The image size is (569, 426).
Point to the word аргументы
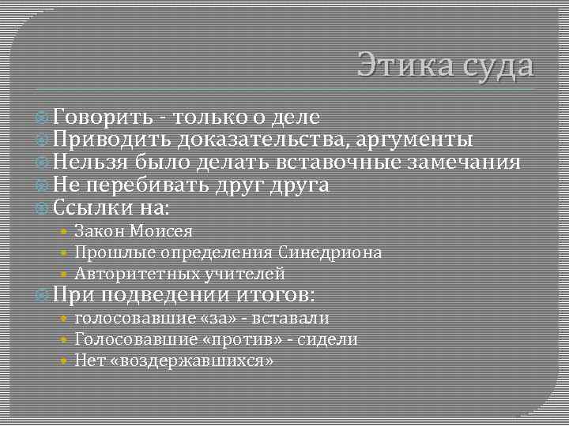pyautogui.click(x=409, y=140)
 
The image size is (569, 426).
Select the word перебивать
pyautogui.click(x=149, y=185)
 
